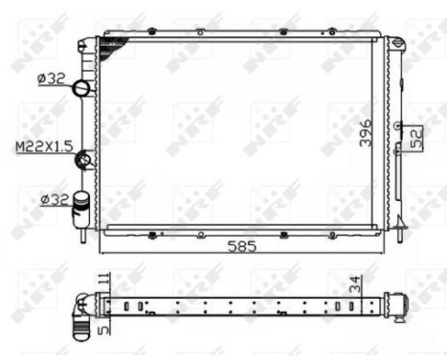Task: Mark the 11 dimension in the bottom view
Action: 102,281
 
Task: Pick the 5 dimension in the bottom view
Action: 102,326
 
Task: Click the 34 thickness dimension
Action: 354,283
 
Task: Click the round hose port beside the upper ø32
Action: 83,89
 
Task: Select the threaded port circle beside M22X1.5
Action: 85,160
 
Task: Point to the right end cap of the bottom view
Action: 395,305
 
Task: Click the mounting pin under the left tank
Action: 83,233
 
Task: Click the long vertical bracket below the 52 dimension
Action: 400,186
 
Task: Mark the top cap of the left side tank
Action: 86,43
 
